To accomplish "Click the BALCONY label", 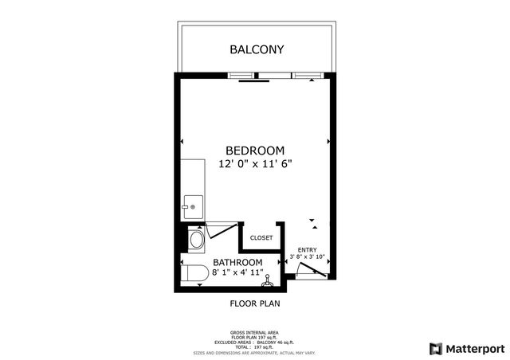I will pyautogui.click(x=257, y=49).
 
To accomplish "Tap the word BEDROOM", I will pyautogui.click(x=255, y=151).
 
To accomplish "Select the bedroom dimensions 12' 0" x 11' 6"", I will pyautogui.click(x=255, y=164).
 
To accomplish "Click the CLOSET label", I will pyautogui.click(x=261, y=238).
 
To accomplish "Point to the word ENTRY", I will pyautogui.click(x=307, y=248).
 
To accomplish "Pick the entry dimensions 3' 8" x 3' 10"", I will pyautogui.click(x=307, y=256).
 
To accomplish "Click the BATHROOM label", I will pyautogui.click(x=237, y=263).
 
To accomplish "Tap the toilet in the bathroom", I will pyautogui.click(x=194, y=274).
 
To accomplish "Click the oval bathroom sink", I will pyautogui.click(x=197, y=240).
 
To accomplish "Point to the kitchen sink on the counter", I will pyautogui.click(x=191, y=206).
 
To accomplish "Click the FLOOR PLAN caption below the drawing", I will pyautogui.click(x=255, y=303).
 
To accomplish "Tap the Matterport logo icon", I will pyautogui.click(x=435, y=348).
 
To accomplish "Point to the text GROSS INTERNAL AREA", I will pyautogui.click(x=255, y=332).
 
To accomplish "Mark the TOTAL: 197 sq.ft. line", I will pyautogui.click(x=255, y=346).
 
